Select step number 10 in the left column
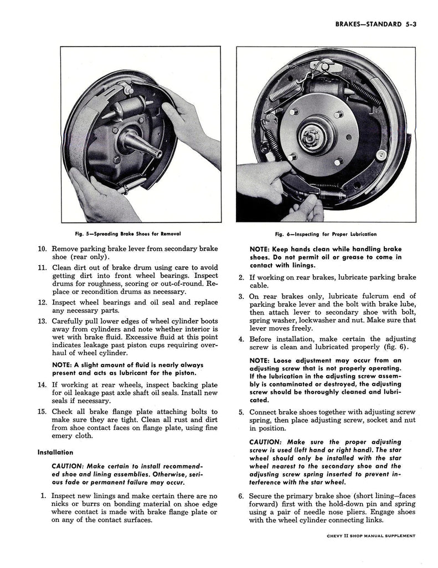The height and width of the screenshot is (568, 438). (42, 248)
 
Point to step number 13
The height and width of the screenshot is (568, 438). (42, 321)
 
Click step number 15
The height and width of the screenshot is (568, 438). (42, 412)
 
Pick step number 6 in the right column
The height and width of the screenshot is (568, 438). (241, 496)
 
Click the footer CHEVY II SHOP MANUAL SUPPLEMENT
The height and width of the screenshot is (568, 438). (368, 536)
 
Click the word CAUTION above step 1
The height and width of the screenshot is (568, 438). (68, 466)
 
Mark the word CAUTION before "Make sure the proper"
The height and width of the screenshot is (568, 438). (267, 442)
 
